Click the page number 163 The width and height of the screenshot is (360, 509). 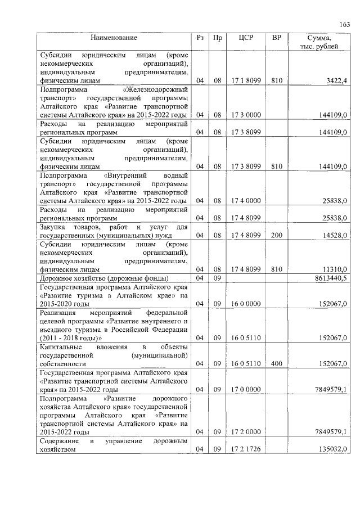tap(344, 24)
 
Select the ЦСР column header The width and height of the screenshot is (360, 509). tap(245, 38)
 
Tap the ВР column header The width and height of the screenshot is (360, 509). tap(276, 38)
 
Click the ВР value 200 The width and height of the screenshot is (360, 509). tap(276, 235)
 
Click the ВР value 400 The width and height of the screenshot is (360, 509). tap(276, 363)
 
